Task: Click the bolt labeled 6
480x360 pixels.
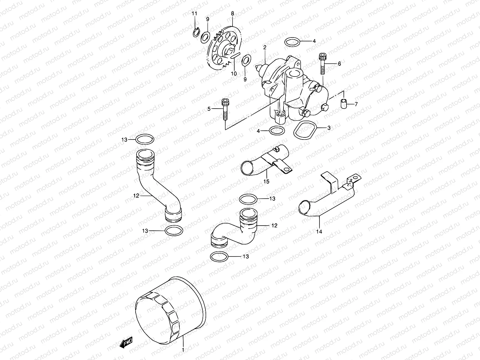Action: tap(323, 64)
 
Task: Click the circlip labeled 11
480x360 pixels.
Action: tap(195, 32)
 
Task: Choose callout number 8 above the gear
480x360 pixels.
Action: tap(232, 13)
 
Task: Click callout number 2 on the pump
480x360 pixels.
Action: tap(265, 47)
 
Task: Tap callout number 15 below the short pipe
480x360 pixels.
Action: tap(266, 181)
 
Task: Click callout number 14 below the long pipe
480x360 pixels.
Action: tap(319, 231)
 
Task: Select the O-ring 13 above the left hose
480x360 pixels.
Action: tap(145, 139)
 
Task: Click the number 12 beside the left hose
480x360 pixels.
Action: tap(136, 196)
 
